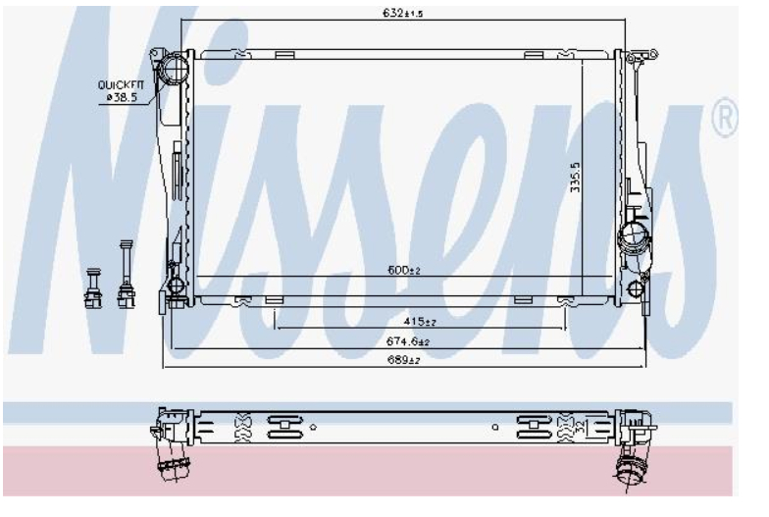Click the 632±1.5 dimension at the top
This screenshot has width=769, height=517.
tap(402, 13)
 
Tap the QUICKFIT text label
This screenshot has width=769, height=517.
tap(121, 84)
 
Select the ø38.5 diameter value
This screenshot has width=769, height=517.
tap(122, 97)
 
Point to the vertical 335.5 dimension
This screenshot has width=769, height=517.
tap(575, 178)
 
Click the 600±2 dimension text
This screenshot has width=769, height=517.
tap(404, 270)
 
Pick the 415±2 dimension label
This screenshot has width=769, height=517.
tap(420, 322)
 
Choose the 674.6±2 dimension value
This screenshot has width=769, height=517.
tap(408, 341)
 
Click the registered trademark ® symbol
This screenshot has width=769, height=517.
tap(724, 118)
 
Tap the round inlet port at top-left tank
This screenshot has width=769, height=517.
tap(174, 69)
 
